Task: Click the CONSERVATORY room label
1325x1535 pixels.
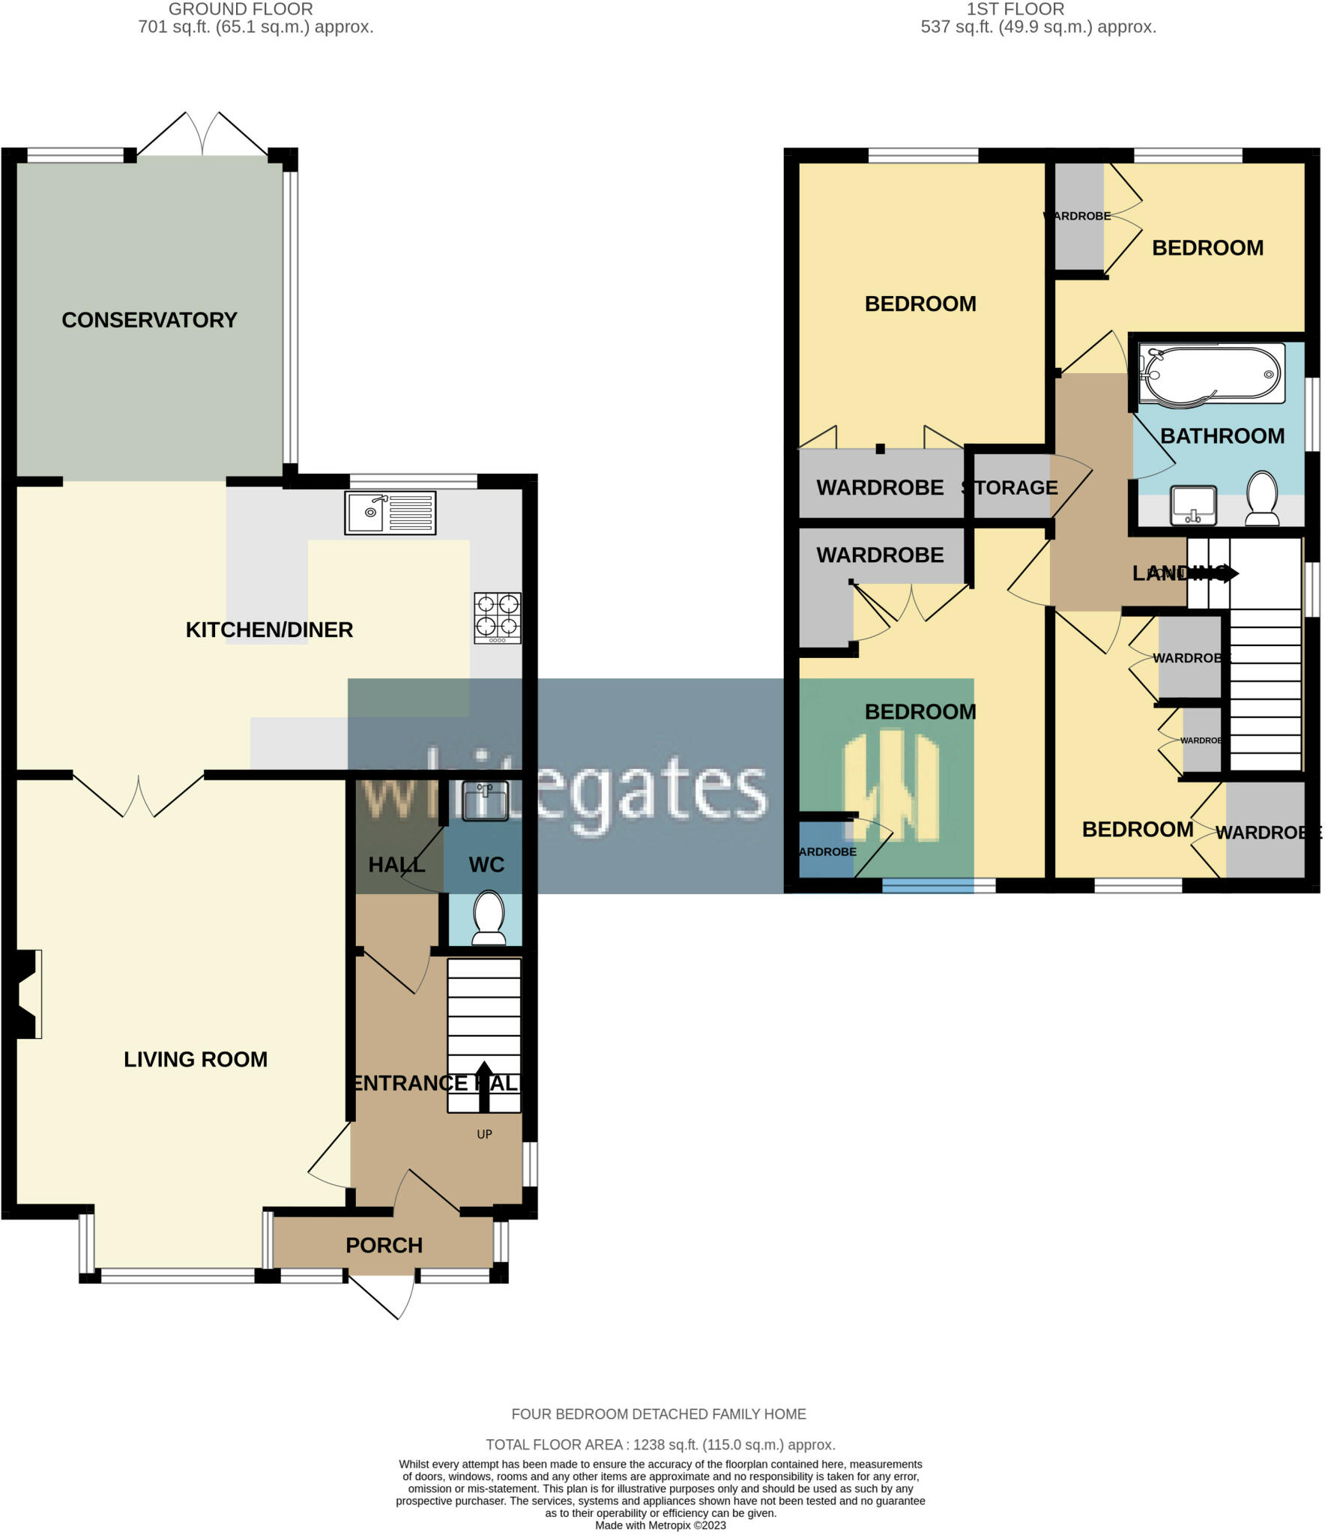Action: (149, 320)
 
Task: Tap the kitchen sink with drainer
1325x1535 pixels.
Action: (390, 513)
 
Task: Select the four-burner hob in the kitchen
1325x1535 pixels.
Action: (497, 618)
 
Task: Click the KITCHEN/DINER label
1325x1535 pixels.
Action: (269, 630)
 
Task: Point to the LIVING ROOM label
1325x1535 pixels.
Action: (196, 1059)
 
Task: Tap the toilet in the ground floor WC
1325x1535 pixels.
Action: (489, 917)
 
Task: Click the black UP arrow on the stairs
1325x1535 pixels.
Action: (483, 1086)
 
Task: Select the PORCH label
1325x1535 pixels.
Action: (384, 1246)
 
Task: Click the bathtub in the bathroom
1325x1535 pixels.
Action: (1210, 373)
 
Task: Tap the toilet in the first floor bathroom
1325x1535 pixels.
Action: (1263, 498)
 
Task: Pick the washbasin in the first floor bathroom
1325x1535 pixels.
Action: (1193, 505)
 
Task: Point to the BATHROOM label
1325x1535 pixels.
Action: (1222, 436)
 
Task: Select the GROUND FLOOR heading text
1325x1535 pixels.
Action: (241, 10)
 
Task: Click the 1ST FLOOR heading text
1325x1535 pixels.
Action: (1015, 10)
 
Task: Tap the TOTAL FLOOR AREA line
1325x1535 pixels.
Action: (660, 1444)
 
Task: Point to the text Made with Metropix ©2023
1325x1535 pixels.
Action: (660, 1525)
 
